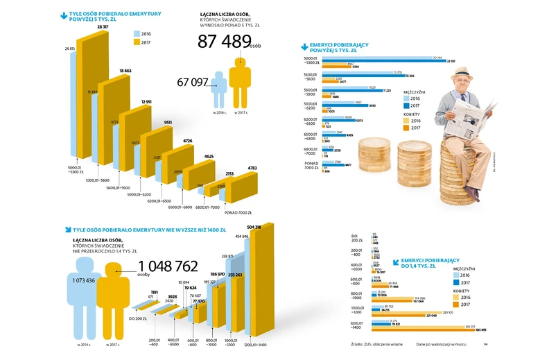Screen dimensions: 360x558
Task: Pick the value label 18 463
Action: [x=125, y=71]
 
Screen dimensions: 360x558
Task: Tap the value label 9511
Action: [x=168, y=121]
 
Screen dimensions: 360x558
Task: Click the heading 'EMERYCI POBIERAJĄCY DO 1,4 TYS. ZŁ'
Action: [x=428, y=262]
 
